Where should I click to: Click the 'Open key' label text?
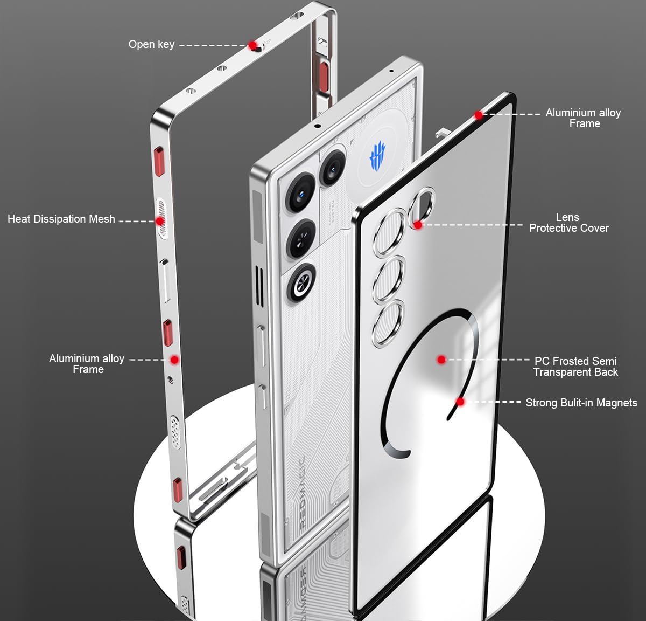[151, 45]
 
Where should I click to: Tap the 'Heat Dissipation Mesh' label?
[61, 219]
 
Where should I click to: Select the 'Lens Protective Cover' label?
[569, 223]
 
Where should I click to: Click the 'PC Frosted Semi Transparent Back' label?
[575, 367]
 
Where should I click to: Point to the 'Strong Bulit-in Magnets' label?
[581, 403]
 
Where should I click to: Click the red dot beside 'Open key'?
[253, 45]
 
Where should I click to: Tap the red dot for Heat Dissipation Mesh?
[160, 221]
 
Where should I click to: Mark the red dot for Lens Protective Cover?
[418, 225]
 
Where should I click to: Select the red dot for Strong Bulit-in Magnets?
[460, 402]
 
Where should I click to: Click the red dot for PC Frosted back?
[441, 360]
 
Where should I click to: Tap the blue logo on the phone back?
[377, 156]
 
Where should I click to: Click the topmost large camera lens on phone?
[301, 193]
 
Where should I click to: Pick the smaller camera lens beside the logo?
[332, 168]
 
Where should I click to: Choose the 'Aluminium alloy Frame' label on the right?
[583, 118]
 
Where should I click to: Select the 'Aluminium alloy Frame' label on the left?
[87, 364]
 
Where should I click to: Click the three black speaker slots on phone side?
[259, 286]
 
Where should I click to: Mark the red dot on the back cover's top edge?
[479, 115]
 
